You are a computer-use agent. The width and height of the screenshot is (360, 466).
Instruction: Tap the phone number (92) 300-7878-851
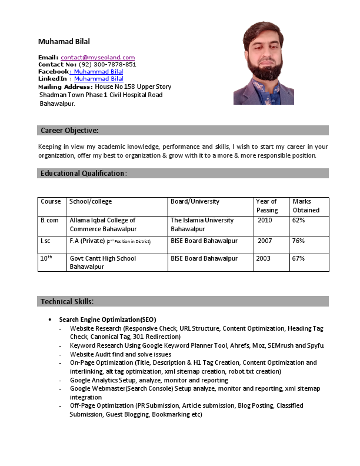pos(107,64)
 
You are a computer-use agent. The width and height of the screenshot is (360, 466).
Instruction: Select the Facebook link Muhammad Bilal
pos(98,71)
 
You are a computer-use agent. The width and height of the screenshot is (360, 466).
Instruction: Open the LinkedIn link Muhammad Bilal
pos(98,78)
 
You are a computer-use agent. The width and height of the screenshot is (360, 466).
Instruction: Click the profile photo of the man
pos(264,64)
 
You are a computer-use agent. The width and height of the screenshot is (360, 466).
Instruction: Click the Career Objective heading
pos(69,130)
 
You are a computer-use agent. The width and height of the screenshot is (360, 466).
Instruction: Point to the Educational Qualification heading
pos(84,173)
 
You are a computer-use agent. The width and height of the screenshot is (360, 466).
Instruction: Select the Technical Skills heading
pos(67,301)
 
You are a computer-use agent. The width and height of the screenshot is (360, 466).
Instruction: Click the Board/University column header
pos(195,201)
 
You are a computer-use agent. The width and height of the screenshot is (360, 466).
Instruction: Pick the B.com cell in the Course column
pos(49,220)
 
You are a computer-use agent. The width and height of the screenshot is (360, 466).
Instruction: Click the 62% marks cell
pos(298,220)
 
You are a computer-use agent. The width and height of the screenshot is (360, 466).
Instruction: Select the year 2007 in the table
pos(265,241)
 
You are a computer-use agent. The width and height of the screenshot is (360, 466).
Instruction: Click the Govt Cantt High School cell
pos(102,262)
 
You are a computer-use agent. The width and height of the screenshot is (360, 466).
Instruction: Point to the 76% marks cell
pos(298,241)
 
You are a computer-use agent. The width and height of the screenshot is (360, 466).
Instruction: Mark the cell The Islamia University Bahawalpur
pos(202,224)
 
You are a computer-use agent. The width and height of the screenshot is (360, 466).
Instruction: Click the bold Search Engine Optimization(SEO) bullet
pos(108,319)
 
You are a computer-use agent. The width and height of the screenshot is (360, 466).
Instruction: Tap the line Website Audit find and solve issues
pos(121,354)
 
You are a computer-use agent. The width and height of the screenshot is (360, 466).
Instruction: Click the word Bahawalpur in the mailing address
pos(57,103)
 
